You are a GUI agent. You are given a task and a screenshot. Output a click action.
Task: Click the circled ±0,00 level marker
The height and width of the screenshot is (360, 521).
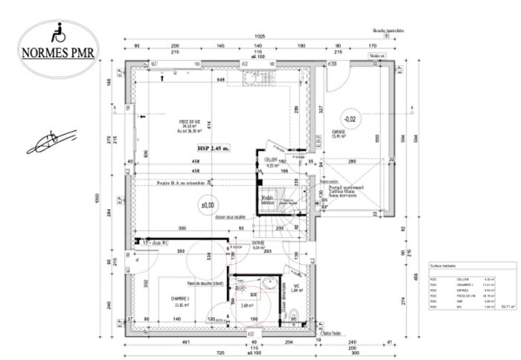coord(207,203)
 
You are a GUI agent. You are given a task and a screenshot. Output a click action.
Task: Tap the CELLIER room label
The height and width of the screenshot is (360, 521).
coord(271,159)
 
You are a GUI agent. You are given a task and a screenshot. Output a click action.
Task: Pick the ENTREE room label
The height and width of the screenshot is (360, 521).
coord(257,243)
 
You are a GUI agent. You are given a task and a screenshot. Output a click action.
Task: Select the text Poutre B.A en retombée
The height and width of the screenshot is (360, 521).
coord(181,181)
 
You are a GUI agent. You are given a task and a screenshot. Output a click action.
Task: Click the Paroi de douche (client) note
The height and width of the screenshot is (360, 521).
coord(208,283)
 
